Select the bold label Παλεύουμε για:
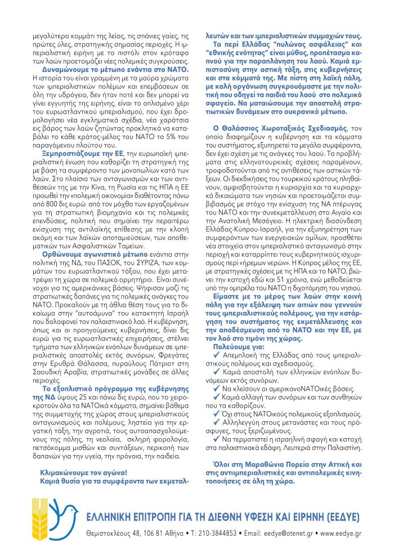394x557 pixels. [x=235, y=347]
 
